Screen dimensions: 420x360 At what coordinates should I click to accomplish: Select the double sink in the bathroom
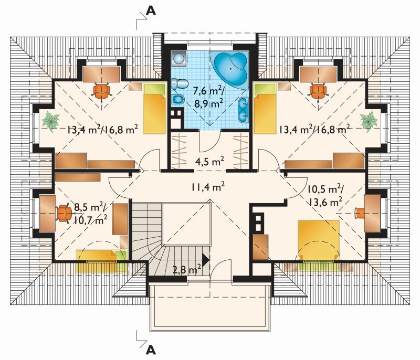tap(243, 109)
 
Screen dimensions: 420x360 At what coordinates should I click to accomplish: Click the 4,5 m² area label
tap(209, 162)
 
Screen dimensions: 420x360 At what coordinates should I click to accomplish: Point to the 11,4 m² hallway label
tap(207, 186)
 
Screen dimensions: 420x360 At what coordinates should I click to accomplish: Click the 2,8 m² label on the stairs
tap(187, 269)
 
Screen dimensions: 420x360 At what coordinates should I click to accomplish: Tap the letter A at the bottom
tap(151, 350)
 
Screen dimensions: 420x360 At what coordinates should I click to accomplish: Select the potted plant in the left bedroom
tap(50, 121)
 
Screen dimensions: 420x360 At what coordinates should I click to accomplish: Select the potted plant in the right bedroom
tap(369, 121)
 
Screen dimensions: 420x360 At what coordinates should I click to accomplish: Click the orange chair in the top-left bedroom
tap(102, 91)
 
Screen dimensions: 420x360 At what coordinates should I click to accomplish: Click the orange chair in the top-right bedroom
tap(318, 91)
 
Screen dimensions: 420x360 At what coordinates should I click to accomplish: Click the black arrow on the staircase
tap(205, 260)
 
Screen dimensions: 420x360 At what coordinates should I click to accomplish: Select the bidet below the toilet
tap(178, 99)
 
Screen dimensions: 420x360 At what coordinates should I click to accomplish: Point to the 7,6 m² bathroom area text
tap(208, 91)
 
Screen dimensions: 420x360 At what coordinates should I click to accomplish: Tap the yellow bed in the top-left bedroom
tap(154, 109)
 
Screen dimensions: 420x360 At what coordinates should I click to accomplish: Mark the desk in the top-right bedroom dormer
tap(318, 75)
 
